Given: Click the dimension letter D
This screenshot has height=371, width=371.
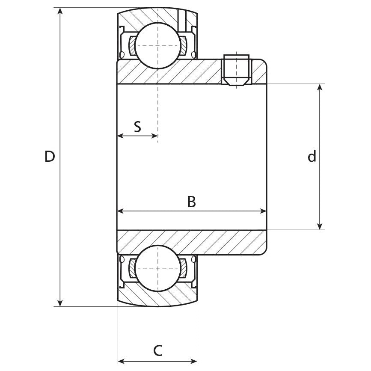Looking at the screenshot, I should click(50, 157).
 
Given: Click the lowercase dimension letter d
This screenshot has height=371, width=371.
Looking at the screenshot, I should click(312, 157).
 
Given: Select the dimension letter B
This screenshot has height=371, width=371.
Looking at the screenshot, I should click(192, 202).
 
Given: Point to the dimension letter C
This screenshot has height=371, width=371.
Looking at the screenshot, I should click(157, 350).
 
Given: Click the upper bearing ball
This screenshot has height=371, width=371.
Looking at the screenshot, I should click(157, 46).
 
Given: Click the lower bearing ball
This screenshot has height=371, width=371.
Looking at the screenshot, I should click(157, 268).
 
